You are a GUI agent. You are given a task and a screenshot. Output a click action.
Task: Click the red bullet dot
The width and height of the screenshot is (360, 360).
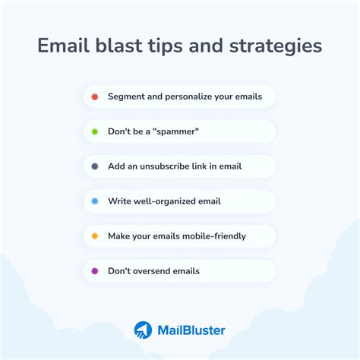[94, 96]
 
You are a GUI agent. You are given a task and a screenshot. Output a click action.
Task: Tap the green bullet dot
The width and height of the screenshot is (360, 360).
[94, 131]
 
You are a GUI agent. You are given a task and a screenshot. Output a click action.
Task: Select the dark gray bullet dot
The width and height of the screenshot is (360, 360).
[94, 166]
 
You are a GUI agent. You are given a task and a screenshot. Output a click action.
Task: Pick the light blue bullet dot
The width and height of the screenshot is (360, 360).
[94, 201]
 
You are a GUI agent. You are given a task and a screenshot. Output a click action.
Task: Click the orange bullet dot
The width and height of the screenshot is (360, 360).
[94, 236]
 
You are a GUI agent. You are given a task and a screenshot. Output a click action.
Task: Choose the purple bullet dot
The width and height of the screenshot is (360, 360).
[94, 271]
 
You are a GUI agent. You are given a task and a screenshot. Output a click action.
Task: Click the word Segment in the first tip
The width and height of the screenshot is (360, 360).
[128, 97]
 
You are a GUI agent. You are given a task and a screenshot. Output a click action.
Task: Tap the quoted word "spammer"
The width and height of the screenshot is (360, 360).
[175, 131]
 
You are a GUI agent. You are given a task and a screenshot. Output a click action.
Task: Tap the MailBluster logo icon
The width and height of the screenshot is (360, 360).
[143, 330]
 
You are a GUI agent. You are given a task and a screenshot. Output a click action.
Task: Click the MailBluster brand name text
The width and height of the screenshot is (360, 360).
[191, 330]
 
